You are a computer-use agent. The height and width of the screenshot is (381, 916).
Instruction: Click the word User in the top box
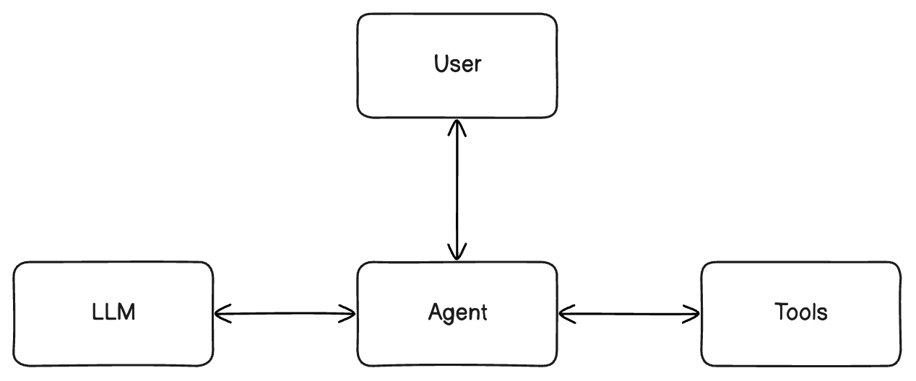click(457, 64)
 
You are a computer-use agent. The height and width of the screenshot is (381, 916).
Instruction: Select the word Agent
click(457, 312)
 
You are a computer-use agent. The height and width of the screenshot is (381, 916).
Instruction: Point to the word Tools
click(801, 312)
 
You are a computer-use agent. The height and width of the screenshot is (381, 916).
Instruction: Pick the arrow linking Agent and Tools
click(629, 314)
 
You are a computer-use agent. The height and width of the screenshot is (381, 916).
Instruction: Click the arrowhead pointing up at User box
click(457, 126)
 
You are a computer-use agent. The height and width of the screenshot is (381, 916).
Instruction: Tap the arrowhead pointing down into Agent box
click(457, 253)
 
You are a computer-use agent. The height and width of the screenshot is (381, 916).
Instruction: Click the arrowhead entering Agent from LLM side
click(349, 313)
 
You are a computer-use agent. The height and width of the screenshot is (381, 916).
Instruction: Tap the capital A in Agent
click(436, 312)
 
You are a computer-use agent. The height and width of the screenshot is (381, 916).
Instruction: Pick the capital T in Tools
click(781, 312)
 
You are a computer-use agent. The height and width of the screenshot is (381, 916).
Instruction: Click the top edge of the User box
click(457, 14)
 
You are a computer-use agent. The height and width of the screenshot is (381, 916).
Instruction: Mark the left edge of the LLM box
click(14, 313)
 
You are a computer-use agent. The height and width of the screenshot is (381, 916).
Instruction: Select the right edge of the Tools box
click(900, 313)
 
